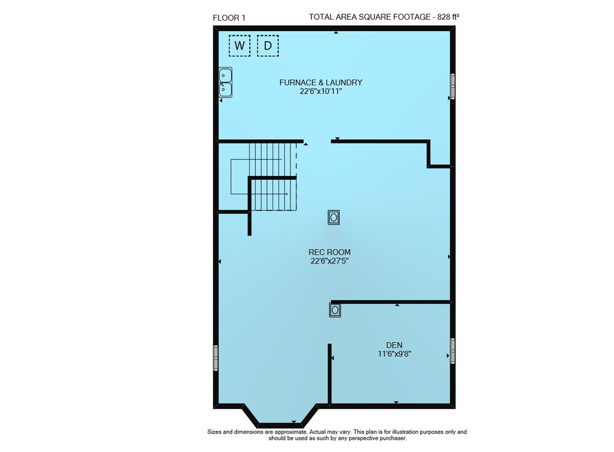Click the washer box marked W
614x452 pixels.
(239, 46)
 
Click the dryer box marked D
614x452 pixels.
(268, 46)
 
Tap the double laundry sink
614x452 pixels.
(225, 82)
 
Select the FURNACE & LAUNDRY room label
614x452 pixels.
(321, 83)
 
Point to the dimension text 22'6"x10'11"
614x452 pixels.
(321, 91)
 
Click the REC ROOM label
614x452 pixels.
(329, 252)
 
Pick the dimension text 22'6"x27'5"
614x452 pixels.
(330, 261)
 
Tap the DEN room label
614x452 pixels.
(394, 345)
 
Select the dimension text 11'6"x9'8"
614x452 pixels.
(394, 354)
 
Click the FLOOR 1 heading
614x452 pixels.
(229, 18)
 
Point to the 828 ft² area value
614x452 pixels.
(448, 17)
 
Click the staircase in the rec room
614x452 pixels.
(273, 177)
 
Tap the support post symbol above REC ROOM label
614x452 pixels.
(333, 217)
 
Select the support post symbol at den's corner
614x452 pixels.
(335, 310)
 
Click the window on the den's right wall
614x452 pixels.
(453, 351)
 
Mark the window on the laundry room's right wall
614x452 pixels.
(453, 86)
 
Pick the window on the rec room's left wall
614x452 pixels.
(216, 358)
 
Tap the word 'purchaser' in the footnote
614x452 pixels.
(394, 439)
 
